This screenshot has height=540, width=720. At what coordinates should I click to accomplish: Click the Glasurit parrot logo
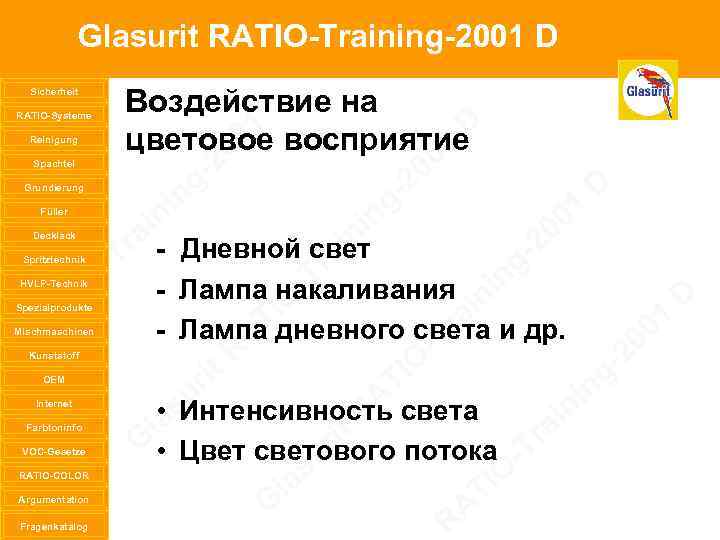648,90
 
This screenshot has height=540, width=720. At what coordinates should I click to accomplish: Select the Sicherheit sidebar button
53,91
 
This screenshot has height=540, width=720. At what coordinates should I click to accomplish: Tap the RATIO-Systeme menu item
53,115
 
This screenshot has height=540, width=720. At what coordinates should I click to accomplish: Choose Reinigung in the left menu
53,139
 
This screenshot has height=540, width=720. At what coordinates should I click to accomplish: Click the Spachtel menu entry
53,163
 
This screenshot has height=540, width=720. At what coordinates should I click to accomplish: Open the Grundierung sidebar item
53,187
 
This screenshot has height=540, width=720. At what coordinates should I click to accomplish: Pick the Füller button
53,211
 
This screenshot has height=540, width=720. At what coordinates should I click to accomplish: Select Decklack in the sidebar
53,235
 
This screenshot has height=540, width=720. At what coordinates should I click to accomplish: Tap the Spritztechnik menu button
53,259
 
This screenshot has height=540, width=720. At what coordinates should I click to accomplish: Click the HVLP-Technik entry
53,283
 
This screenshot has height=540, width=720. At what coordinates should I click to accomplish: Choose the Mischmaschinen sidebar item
53,331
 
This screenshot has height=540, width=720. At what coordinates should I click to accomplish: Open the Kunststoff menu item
53,355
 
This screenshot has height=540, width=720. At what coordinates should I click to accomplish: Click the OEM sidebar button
53,379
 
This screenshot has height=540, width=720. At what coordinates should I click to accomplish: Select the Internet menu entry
53,403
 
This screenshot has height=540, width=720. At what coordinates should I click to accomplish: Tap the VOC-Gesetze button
53,451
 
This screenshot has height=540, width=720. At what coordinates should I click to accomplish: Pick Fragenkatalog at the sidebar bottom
53,525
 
